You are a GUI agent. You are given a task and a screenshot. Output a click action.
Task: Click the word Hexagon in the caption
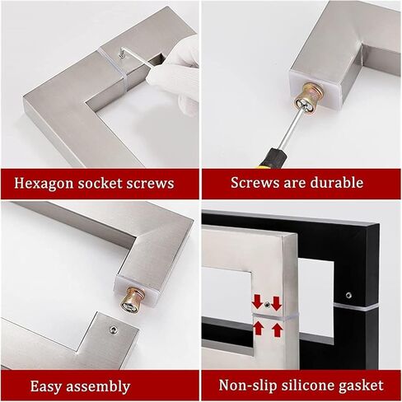click(x=44, y=184)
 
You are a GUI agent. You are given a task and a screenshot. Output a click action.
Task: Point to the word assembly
click(x=98, y=386)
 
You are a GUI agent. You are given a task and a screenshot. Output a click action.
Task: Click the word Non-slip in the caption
click(x=247, y=385)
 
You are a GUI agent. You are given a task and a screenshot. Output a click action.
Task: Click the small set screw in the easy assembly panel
click(x=113, y=330)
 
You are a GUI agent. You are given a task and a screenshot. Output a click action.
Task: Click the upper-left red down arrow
click(x=258, y=301)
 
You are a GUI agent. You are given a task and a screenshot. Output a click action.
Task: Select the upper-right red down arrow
click(x=276, y=303)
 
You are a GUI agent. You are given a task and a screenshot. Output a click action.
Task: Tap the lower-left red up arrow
click(x=258, y=329)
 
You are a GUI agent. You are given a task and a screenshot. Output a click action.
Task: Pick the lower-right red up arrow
click(x=278, y=330)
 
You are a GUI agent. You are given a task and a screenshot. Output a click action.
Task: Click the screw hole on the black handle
click(x=348, y=295)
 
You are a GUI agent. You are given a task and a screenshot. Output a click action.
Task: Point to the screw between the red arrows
click(x=267, y=304)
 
